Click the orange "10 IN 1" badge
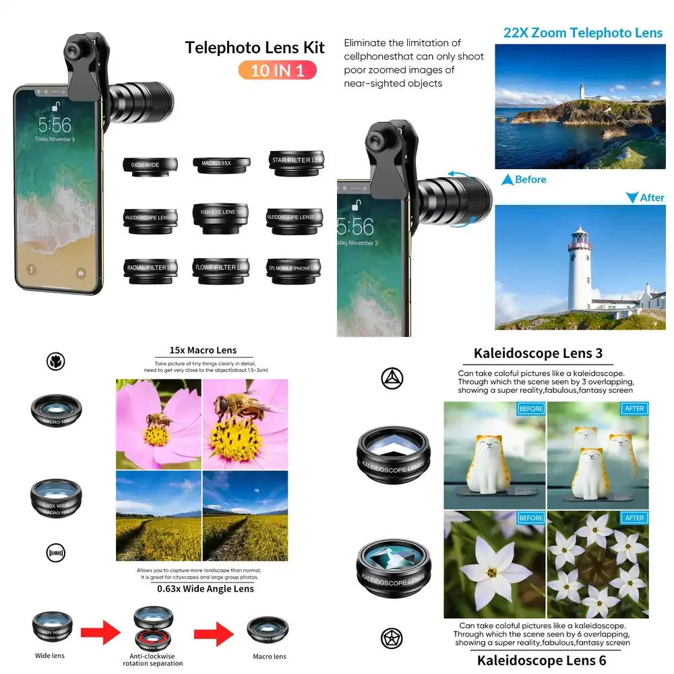click(x=277, y=70)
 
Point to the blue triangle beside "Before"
click(x=507, y=180)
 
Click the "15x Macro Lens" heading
click(x=203, y=350)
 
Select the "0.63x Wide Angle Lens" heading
click(x=205, y=588)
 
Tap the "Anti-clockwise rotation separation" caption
click(x=152, y=659)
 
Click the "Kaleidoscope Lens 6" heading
click(x=537, y=661)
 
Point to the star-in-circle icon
click(x=392, y=638)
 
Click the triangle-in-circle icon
click(x=392, y=379)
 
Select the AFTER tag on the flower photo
click(x=634, y=518)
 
